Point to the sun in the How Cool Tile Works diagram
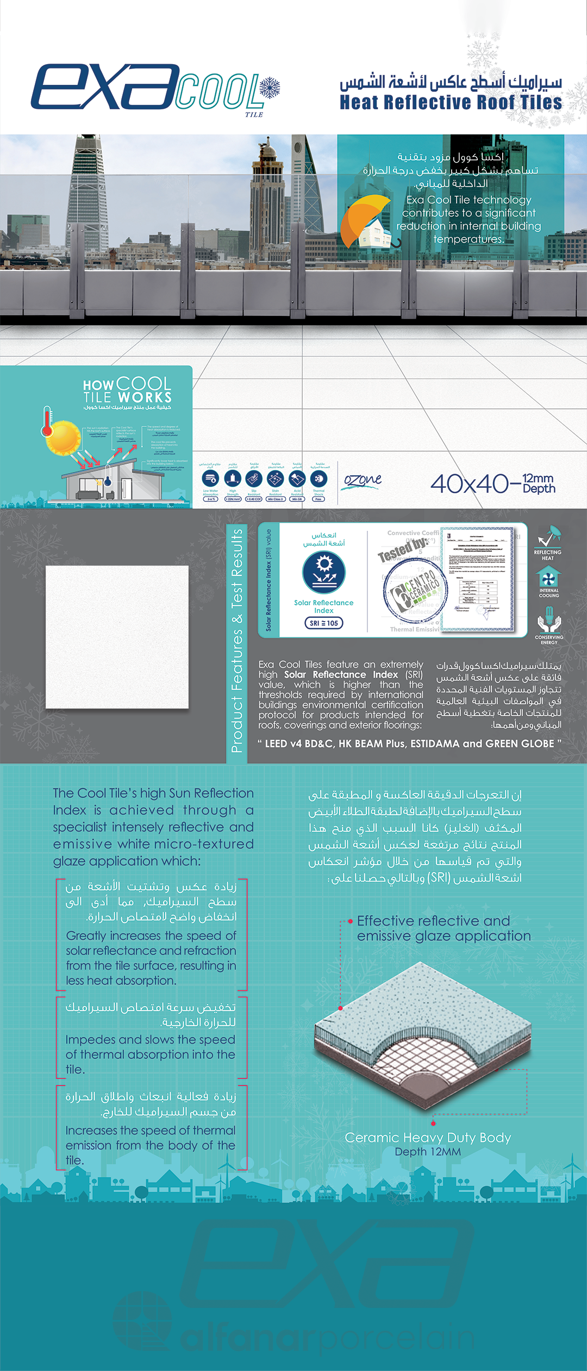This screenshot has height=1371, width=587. (64, 438)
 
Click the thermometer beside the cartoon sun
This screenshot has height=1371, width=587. (47, 421)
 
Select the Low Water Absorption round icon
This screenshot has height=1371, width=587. (210, 479)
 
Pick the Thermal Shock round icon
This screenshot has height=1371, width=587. (319, 479)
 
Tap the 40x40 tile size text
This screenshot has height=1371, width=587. (470, 483)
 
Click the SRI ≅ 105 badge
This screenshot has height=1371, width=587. (324, 623)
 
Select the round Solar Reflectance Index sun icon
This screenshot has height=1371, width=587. (324, 572)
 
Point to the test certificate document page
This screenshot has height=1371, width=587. (478, 579)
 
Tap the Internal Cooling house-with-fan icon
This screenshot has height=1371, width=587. (548, 577)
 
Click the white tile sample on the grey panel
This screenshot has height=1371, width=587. (117, 637)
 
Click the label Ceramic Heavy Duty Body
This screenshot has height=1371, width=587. (428, 1138)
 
